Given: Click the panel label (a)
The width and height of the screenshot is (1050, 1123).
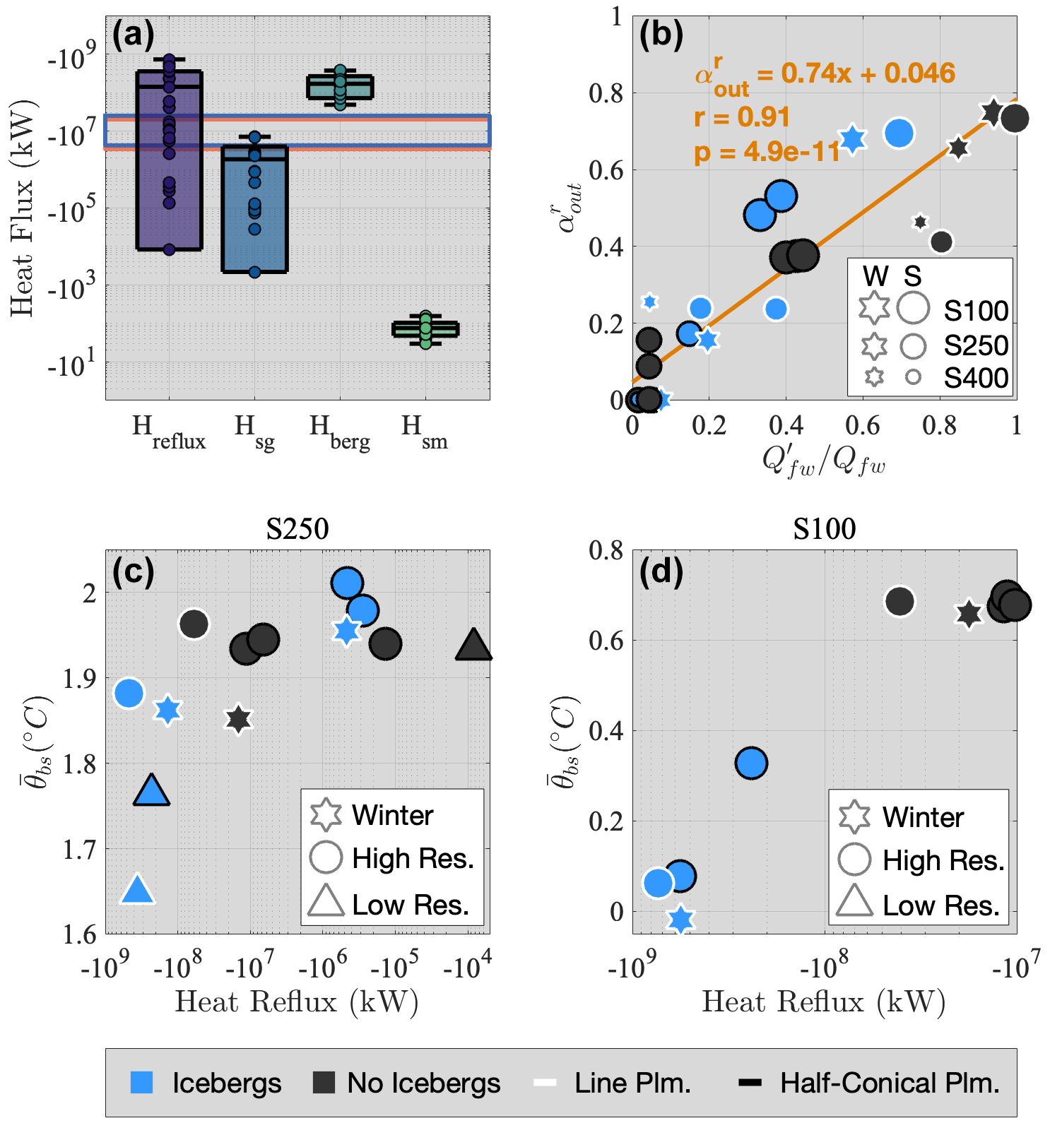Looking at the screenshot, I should (133, 34).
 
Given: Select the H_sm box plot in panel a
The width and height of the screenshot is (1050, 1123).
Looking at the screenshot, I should (425, 329).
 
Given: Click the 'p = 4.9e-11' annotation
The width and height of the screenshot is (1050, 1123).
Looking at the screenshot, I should (767, 151).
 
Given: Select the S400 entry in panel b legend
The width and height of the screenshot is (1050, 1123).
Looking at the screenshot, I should (976, 379).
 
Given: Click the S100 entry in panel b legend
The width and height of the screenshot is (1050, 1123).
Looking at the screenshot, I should (976, 311).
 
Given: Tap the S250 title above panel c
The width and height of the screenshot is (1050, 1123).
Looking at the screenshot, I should (297, 528).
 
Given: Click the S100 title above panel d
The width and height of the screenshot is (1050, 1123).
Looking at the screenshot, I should (824, 528).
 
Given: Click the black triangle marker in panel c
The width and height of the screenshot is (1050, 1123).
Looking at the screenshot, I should (473, 645).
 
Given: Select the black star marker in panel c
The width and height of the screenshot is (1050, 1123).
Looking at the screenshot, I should (239, 720).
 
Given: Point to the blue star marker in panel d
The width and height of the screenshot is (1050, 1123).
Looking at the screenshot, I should (680, 919).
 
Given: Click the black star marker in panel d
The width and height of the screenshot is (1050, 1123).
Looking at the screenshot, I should (969, 614).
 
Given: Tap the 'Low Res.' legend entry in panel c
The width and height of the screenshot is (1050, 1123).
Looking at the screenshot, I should (411, 905).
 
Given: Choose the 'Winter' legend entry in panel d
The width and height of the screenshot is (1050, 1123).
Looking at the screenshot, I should (923, 817).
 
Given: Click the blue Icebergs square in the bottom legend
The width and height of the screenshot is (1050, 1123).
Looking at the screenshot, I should (142, 1083).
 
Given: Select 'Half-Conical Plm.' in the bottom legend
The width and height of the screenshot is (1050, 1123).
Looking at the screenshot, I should (890, 1083).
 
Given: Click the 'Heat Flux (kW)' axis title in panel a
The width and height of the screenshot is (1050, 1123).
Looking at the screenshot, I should (23, 208).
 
